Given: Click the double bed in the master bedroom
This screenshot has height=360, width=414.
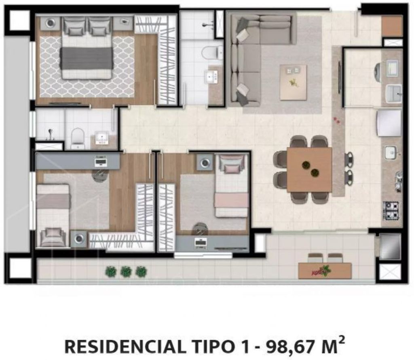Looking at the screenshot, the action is coord(87,48).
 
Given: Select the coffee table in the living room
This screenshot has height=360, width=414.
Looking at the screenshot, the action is coord(294,82).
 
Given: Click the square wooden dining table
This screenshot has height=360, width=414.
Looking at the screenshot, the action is coord(309,169).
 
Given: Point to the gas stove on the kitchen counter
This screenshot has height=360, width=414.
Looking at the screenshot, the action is coord(391,210).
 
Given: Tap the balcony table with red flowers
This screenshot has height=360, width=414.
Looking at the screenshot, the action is coord(325,271).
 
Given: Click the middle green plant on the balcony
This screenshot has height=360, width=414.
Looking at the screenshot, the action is coord(126,271).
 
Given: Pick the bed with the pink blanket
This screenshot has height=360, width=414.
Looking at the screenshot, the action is coord(232,186).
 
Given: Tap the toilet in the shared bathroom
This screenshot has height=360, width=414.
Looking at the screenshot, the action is coord(78,138).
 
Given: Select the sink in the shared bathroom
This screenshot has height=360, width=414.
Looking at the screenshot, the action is coord(102,138).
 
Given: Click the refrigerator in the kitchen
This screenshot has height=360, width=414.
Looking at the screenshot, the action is coord(389,123).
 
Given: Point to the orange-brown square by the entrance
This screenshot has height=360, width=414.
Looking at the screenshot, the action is coord(392,27).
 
